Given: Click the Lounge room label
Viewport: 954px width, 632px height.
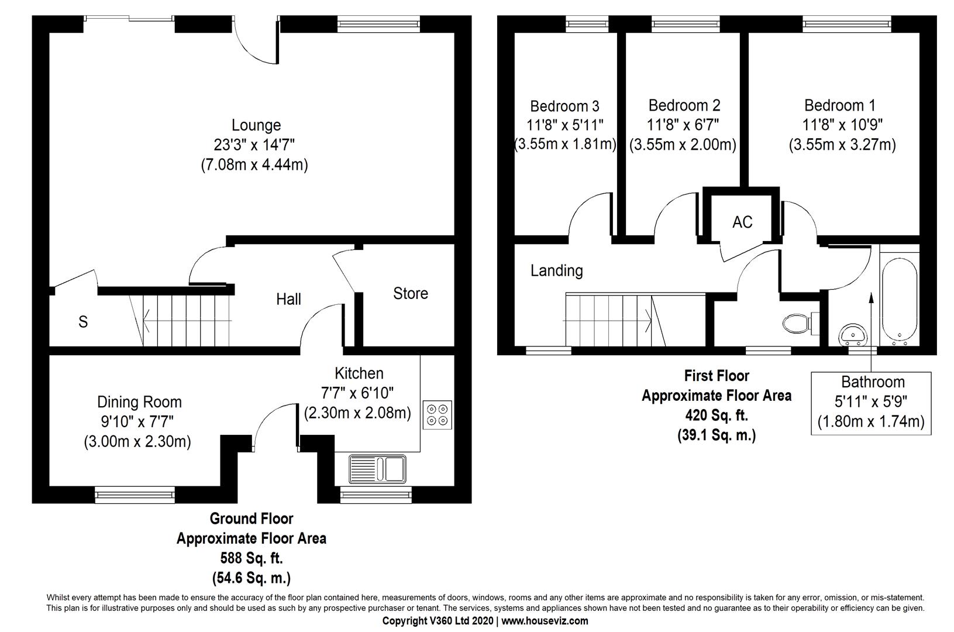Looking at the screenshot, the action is tap(256, 125).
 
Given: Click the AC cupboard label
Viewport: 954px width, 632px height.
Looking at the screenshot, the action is tap(742, 222).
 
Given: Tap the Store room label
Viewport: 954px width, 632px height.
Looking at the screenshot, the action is tap(410, 293).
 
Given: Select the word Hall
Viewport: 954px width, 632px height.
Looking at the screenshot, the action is tap(288, 300).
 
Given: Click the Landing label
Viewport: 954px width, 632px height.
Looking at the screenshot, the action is tap(556, 270).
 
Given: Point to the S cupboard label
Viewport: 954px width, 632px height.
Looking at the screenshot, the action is tap(83, 321).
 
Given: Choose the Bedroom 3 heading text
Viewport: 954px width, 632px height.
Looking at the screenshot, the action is tap(564, 106).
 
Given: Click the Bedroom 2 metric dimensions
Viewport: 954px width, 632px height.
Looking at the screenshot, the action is tap(683, 145).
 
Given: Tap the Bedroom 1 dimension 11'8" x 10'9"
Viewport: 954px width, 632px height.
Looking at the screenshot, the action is tap(842, 125).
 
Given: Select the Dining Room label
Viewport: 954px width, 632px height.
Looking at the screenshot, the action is tap(139, 402).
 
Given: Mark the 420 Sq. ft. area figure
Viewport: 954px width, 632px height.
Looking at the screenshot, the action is tap(717, 415).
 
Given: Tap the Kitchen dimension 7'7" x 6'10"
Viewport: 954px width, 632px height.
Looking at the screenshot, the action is tap(357, 392).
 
